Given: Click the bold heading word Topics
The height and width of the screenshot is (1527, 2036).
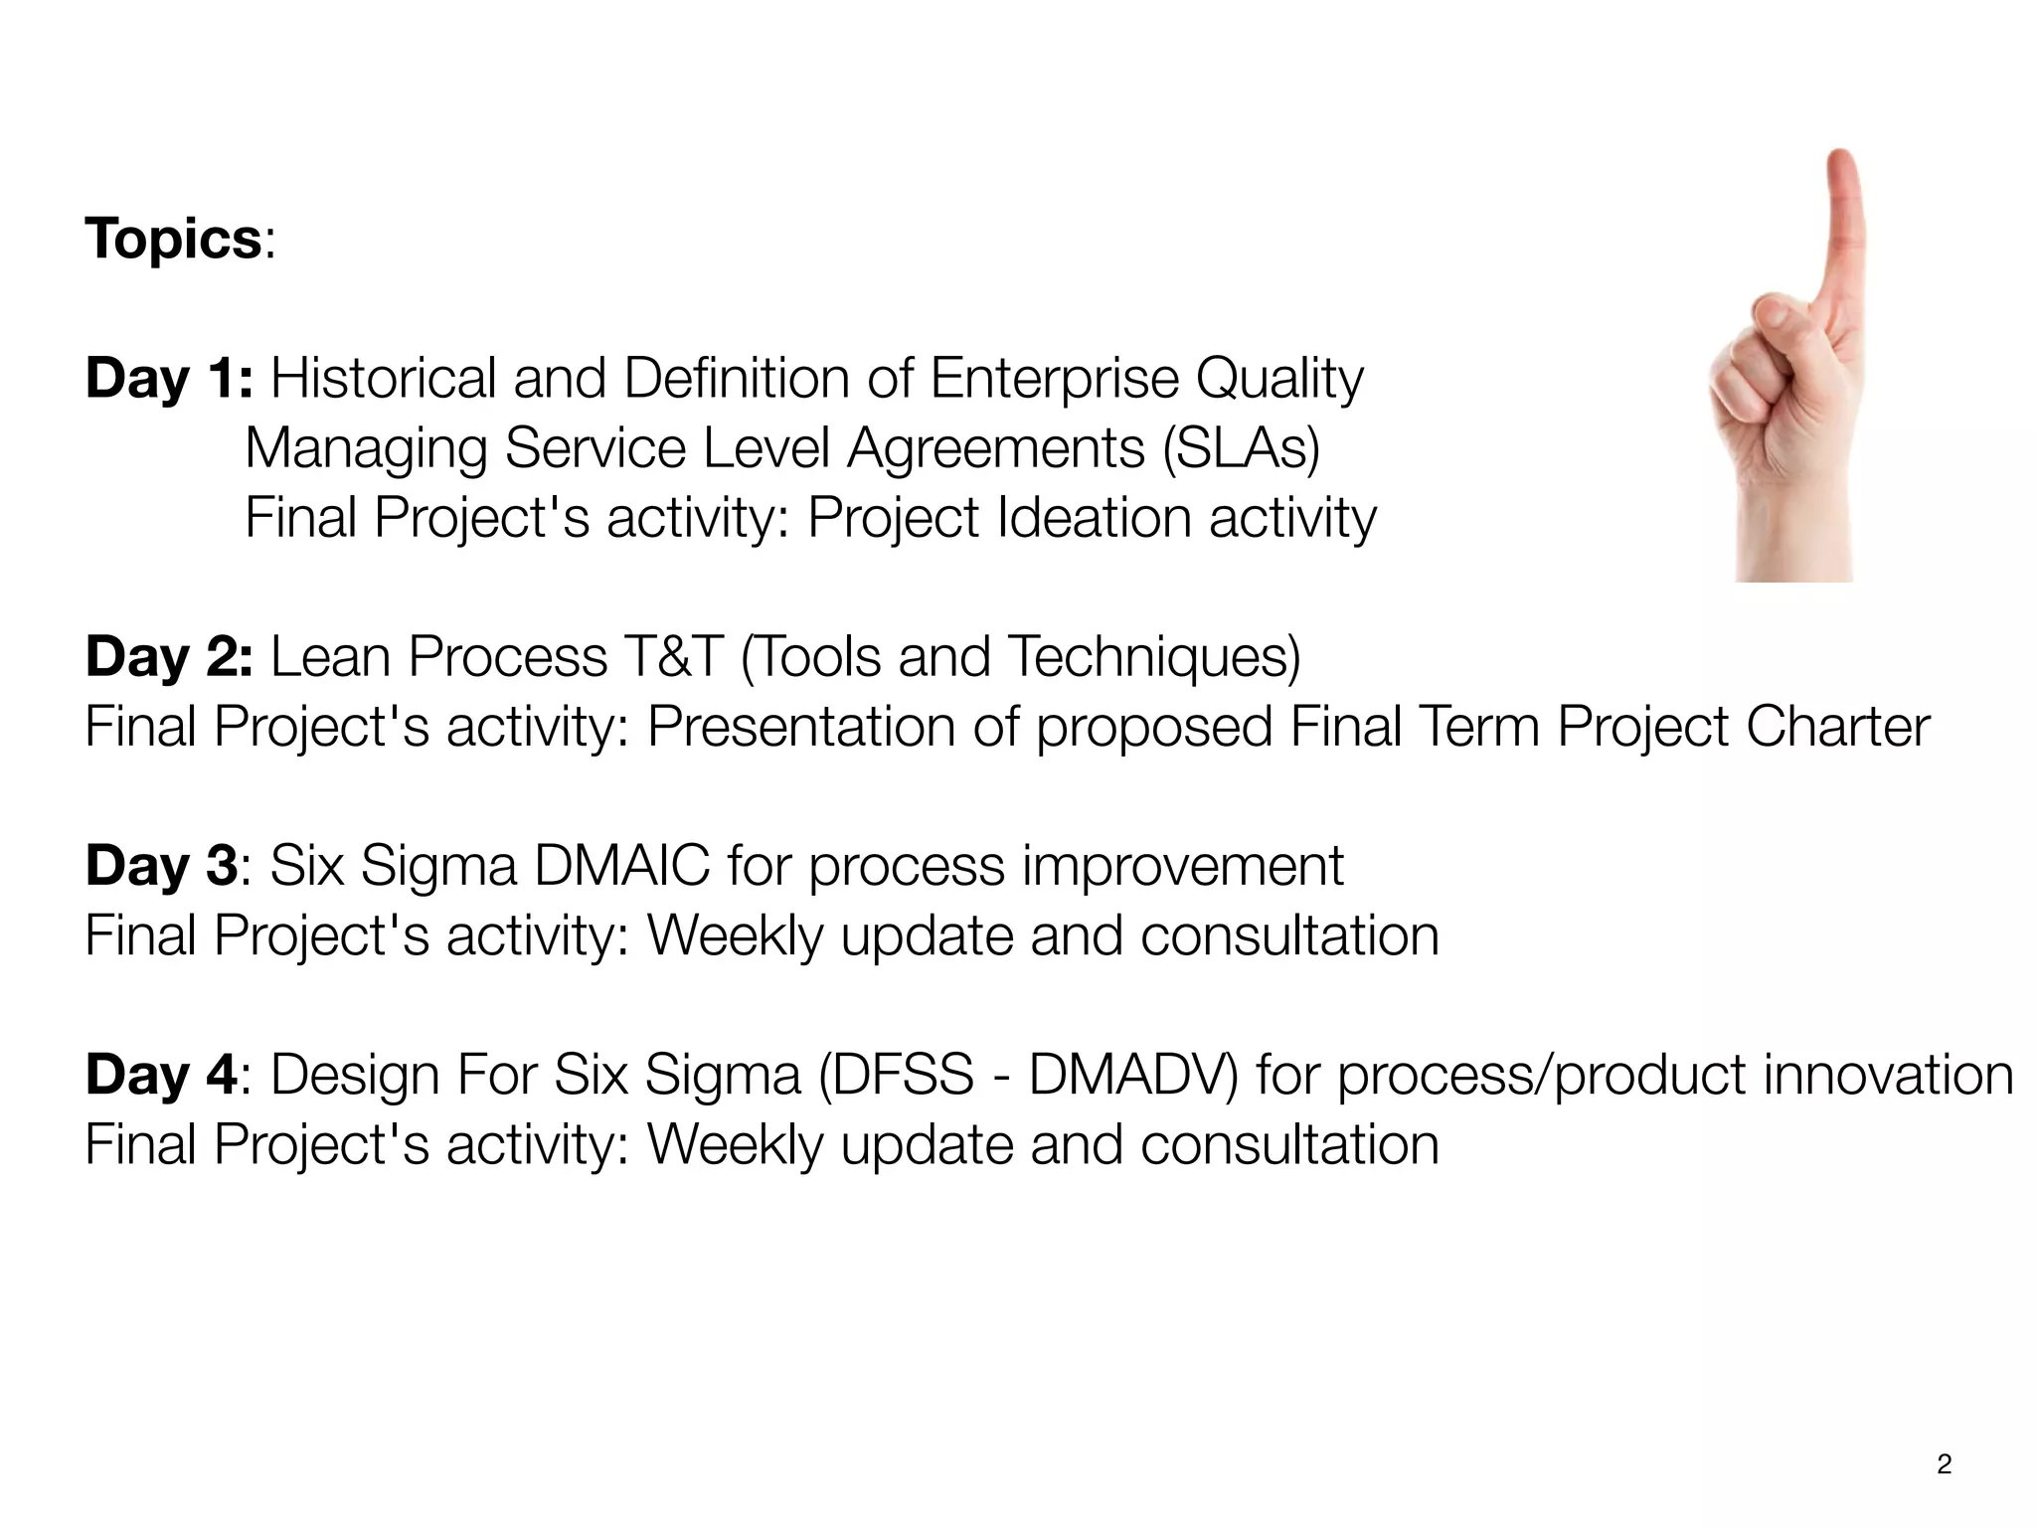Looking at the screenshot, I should point(172,240).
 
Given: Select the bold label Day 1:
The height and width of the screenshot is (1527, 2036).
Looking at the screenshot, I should point(169,379).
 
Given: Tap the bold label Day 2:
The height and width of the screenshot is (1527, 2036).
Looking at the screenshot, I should point(169,657).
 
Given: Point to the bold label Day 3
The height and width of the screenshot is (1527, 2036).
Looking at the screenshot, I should point(161,866).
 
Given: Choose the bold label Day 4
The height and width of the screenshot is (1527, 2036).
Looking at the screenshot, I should point(161,1075).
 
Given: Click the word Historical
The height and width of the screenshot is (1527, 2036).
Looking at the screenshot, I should point(383,379).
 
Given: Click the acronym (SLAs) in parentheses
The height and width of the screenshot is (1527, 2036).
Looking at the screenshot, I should point(1241,448).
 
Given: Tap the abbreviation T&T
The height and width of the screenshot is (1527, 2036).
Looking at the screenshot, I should point(673,657).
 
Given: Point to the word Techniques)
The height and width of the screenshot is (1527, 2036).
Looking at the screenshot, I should point(1153,657).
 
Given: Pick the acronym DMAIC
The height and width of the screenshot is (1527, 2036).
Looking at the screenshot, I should point(622,866).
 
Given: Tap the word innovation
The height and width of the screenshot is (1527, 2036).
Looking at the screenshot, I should point(1888,1075).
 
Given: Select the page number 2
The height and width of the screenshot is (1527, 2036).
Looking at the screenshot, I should point(1945,1464).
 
